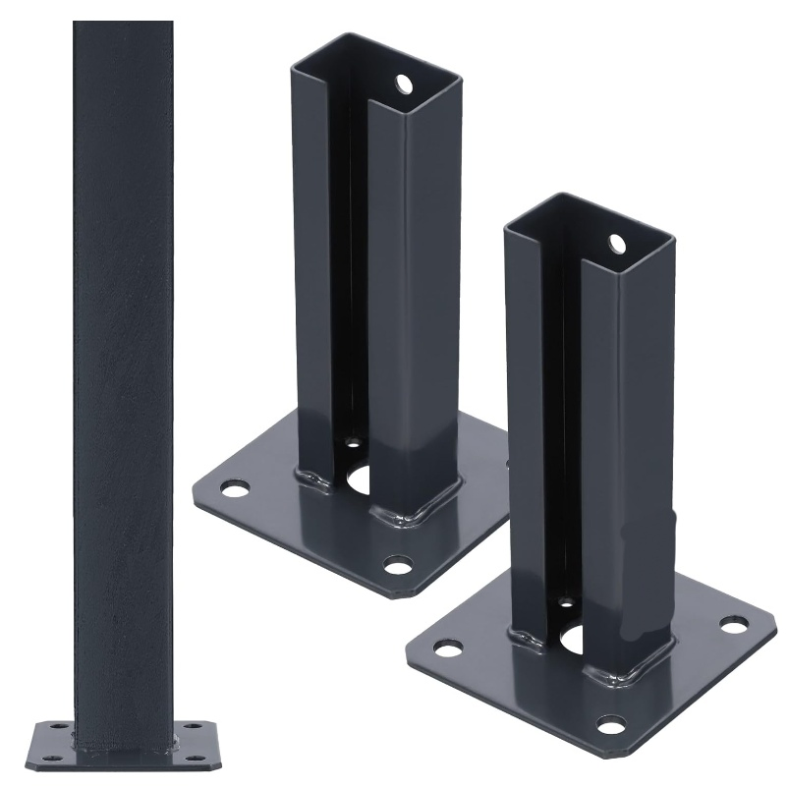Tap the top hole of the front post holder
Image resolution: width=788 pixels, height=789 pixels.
coord(616,242)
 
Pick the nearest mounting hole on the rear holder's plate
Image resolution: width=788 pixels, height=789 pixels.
coord(398,565)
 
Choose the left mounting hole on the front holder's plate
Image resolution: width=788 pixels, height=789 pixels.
coord(449,648)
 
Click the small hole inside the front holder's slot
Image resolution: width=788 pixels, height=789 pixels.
coord(567,601)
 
